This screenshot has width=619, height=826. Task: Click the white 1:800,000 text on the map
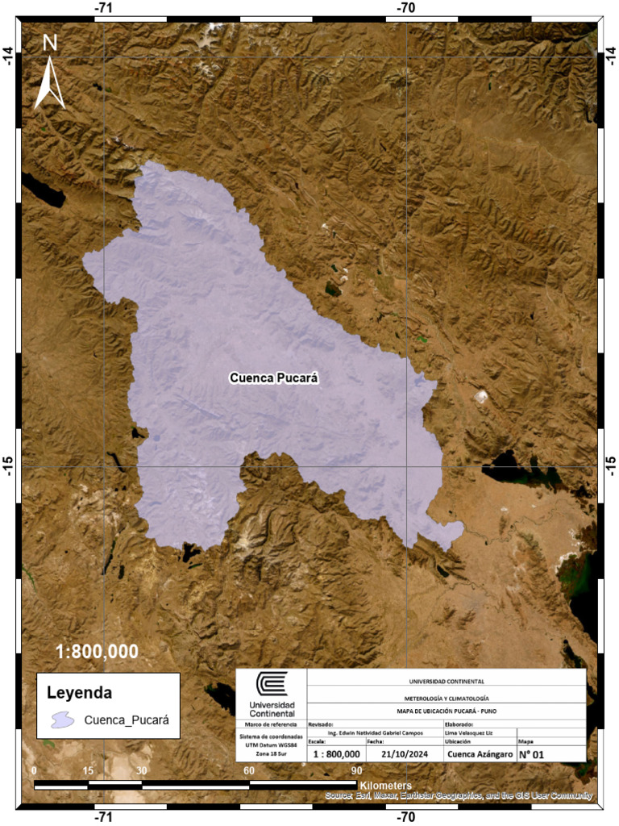coord(97,651)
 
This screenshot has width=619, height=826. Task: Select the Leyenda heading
coord(79,692)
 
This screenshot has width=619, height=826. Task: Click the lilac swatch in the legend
coord(64,720)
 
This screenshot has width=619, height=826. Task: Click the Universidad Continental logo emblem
coord(272,685)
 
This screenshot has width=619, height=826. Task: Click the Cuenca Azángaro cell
coord(479,754)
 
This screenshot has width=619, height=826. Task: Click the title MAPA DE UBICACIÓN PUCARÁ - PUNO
coord(447,711)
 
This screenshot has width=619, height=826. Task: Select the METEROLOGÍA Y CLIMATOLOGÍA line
coord(447,697)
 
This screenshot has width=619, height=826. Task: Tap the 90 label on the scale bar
coord(356,770)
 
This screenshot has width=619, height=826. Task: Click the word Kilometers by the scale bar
coord(386,785)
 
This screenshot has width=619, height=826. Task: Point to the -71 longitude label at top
coord(103,7)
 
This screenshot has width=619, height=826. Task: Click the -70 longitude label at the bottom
coord(406,816)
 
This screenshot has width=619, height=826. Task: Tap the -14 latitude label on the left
coord(9,56)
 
